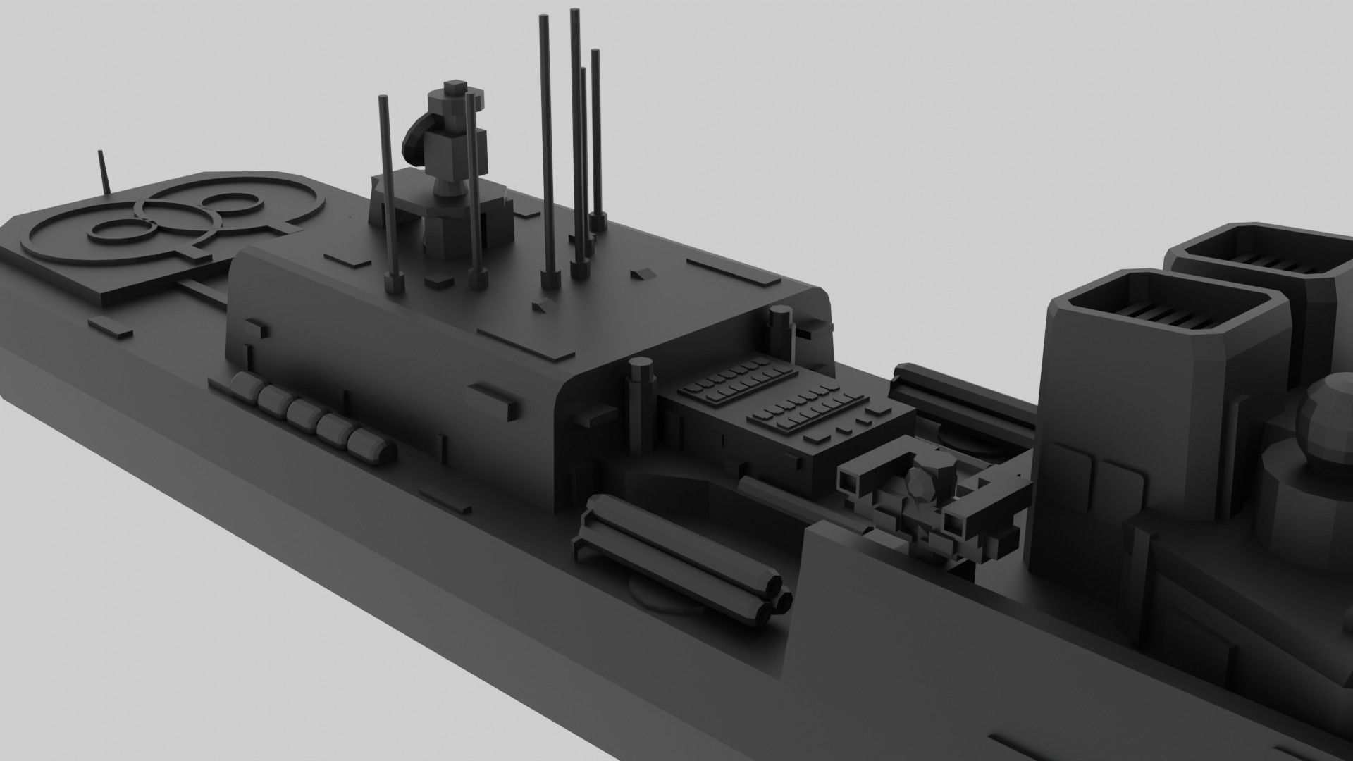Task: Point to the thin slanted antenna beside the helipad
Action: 104,173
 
